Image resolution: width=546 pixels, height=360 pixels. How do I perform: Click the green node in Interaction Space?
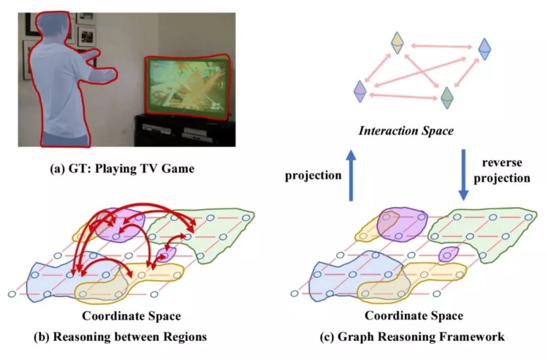click(x=447, y=97)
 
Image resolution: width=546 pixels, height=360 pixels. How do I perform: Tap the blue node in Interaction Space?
click(x=485, y=49)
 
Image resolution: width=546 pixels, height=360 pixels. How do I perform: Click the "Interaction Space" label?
click(x=406, y=131)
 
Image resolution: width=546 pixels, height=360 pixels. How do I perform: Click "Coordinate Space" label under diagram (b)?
click(x=131, y=317)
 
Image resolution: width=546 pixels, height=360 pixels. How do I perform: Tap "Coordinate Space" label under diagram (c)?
click(x=414, y=317)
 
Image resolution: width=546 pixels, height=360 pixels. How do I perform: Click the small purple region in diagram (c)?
click(x=446, y=254)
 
